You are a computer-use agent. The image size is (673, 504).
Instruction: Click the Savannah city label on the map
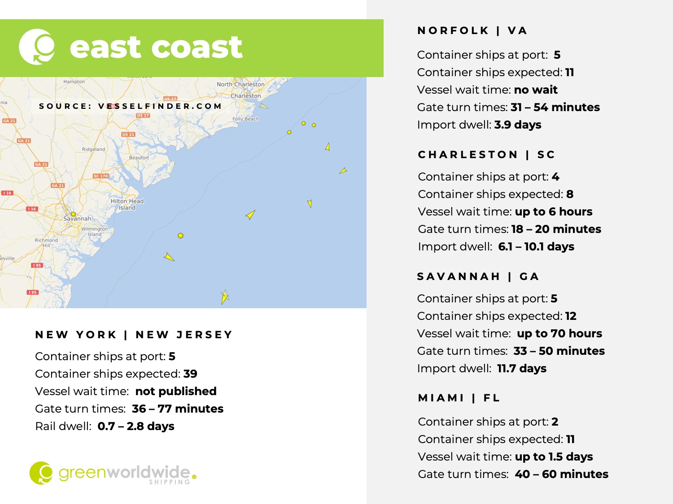[77, 219]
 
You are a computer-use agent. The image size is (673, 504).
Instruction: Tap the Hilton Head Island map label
[127, 204]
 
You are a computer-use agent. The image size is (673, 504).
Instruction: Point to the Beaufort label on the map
[139, 158]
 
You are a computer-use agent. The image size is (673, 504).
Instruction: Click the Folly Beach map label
[245, 119]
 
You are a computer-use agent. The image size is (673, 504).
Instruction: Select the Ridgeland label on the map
[94, 149]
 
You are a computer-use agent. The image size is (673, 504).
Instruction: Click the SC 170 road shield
[101, 176]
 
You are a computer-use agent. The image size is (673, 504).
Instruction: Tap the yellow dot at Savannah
[74, 214]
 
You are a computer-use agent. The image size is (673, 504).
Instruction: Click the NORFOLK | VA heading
[472, 30]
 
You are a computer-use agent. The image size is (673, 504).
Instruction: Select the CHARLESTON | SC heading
[486, 155]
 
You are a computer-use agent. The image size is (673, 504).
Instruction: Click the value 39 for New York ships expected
[190, 374]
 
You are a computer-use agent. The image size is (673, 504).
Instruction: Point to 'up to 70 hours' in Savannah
[559, 333]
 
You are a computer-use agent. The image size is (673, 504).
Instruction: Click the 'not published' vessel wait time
[176, 391]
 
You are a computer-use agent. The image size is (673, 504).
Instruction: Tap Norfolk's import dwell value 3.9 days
[518, 125]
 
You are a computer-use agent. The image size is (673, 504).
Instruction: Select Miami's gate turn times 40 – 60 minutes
[561, 474]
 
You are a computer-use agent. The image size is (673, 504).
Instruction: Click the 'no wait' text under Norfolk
[536, 90]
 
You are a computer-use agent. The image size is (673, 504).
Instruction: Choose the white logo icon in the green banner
[37, 47]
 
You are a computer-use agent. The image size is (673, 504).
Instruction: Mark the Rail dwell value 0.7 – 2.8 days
[136, 426]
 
